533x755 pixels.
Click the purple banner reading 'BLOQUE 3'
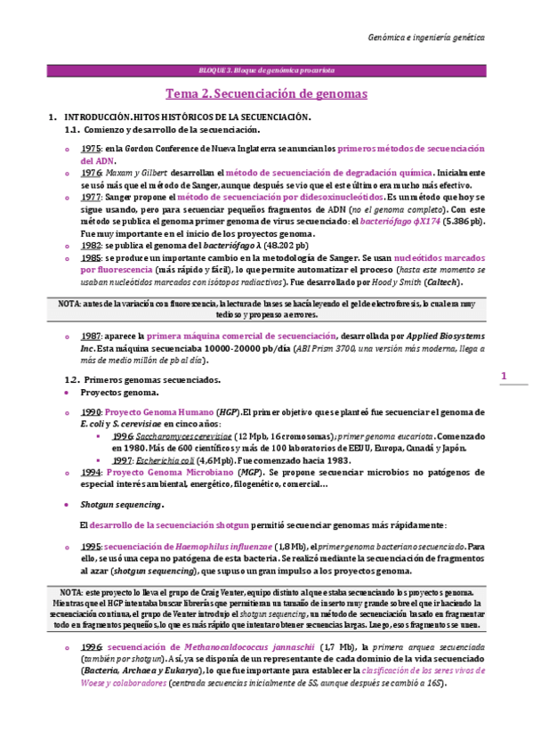pos(266,69)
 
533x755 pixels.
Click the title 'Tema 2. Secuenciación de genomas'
pos(267,93)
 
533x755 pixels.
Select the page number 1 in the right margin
pos(503,377)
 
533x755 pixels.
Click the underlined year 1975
pos(91,149)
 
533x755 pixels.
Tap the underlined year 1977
pos(91,197)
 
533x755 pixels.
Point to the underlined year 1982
pos(91,245)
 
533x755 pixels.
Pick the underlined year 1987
pos(91,337)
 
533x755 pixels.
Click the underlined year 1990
pos(91,413)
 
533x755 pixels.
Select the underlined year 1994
pos(91,472)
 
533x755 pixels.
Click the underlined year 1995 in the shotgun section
pos(91,545)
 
